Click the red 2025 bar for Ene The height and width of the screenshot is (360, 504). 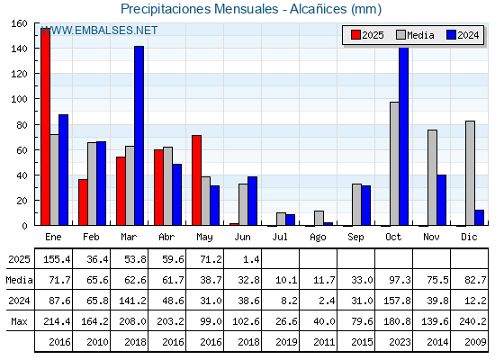click(45, 127)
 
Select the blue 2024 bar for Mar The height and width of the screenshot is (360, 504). click(139, 136)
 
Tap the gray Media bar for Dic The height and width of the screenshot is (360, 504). click(470, 173)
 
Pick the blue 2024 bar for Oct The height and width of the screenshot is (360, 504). click(404, 136)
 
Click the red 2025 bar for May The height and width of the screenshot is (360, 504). click(196, 180)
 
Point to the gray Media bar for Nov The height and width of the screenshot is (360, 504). click(432, 177)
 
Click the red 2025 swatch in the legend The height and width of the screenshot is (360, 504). click(355, 35)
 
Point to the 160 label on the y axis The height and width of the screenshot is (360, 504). click(19, 23)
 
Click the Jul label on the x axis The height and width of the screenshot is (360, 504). click(280, 237)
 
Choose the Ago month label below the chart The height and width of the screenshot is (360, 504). click(318, 238)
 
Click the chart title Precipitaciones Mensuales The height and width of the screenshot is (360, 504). click(199, 9)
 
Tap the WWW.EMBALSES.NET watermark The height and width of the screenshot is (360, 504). click(99, 31)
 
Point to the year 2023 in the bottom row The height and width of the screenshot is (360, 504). click(400, 342)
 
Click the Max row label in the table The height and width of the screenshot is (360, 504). click(19, 321)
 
